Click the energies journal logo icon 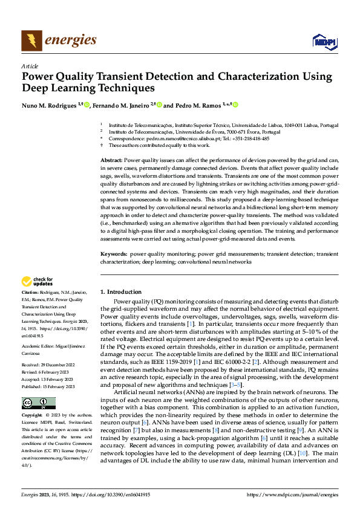(x=31, y=41)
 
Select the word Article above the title (x=30, y=66)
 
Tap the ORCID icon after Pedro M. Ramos (x=236, y=105)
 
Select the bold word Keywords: (x=114, y=255)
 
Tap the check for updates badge (x=38, y=281)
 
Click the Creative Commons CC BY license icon (x=39, y=403)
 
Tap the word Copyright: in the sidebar (x=33, y=416)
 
